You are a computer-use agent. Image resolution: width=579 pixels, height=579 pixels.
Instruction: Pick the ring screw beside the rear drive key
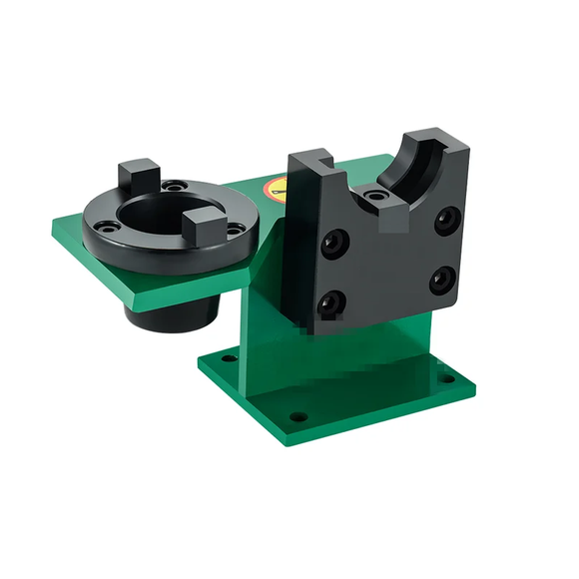click(x=176, y=185)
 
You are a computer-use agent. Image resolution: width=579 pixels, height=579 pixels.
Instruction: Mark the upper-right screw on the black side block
click(x=445, y=216)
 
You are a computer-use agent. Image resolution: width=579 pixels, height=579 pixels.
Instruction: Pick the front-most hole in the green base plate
click(x=295, y=415)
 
